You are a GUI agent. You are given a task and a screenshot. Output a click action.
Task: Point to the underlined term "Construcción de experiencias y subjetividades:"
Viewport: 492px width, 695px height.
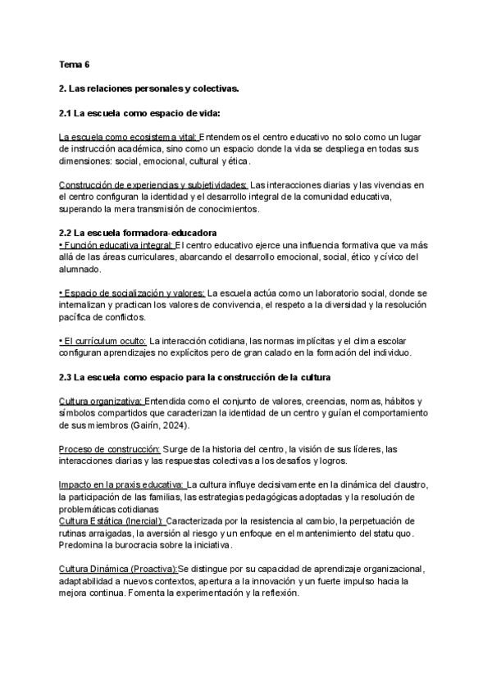tap(153, 185)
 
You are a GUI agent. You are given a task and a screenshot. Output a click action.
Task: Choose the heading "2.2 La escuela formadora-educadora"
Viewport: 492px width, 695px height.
tap(139, 233)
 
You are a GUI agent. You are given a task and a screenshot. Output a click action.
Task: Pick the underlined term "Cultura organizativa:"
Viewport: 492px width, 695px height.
tap(101, 401)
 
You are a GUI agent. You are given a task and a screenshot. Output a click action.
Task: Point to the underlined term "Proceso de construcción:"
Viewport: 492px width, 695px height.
tap(109, 449)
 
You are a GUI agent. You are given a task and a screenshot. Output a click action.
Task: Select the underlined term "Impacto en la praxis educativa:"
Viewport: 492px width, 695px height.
tap(122, 485)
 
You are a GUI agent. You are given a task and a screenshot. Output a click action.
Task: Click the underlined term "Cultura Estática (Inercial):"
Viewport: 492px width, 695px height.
tap(112, 520)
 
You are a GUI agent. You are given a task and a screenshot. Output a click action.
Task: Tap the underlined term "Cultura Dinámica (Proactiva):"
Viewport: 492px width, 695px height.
tap(118, 569)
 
